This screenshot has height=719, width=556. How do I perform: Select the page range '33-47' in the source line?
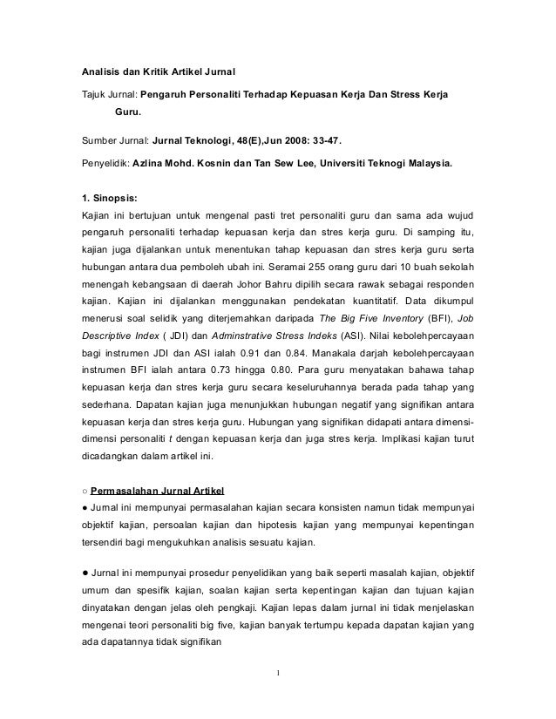[322, 139]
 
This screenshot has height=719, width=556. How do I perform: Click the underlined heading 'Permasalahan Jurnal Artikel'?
[155, 486]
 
